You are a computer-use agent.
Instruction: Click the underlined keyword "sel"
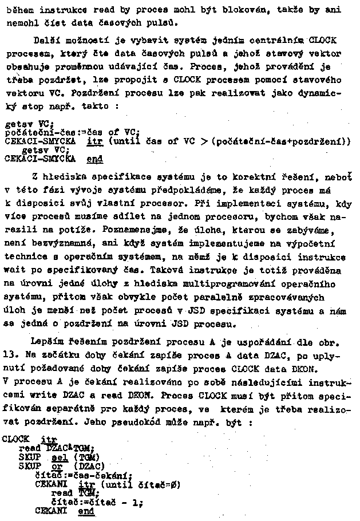pyautogui.click(x=60, y=457)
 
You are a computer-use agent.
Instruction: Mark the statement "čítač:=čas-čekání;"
pyautogui.click(x=84, y=474)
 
